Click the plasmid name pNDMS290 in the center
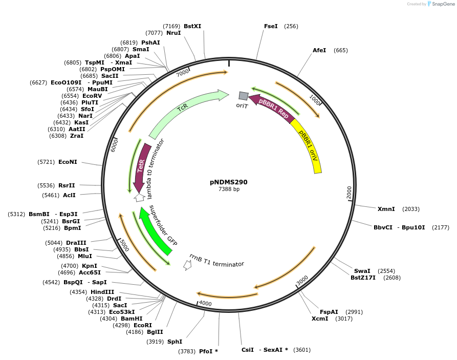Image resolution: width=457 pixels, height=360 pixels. [228, 182]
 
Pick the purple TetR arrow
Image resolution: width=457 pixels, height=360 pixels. [141, 169]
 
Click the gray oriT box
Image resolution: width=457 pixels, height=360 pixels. [244, 95]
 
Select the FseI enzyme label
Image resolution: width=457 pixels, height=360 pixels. [271, 26]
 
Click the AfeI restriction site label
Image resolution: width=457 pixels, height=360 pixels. [319, 50]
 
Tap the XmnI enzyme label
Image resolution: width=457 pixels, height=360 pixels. [386, 209]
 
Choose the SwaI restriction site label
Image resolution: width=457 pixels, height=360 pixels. [362, 271]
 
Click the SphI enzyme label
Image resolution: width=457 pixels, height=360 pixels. [175, 342]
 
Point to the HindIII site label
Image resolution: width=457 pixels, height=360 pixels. [102, 292]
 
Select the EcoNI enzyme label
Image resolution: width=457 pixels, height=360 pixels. [68, 162]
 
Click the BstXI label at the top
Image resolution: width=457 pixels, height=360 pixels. [192, 26]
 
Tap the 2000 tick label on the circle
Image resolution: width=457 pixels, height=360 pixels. [349, 193]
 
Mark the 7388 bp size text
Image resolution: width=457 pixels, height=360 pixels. [229, 189]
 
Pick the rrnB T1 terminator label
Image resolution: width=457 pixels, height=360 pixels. [216, 260]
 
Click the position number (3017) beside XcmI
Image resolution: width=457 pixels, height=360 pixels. [344, 319]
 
